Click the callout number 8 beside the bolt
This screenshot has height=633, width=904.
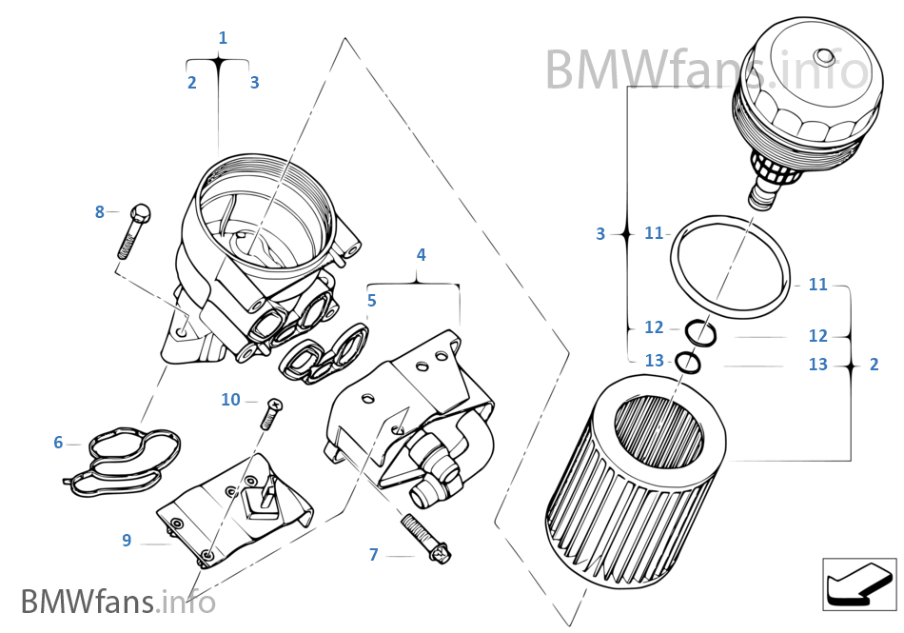(x=99, y=212)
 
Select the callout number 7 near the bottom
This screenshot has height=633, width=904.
(x=374, y=555)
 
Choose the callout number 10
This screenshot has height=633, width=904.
(x=230, y=400)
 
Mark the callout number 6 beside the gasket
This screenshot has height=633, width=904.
(x=58, y=443)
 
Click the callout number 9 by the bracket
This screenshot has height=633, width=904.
(x=127, y=541)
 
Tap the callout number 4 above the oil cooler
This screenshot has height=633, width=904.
(x=421, y=255)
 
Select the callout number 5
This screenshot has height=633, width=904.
(x=371, y=301)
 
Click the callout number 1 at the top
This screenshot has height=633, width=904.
(x=223, y=38)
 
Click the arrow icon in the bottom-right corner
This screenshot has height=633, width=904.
(x=858, y=584)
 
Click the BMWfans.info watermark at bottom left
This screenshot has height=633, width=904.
(x=117, y=602)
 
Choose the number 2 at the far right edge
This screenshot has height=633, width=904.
(x=874, y=365)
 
